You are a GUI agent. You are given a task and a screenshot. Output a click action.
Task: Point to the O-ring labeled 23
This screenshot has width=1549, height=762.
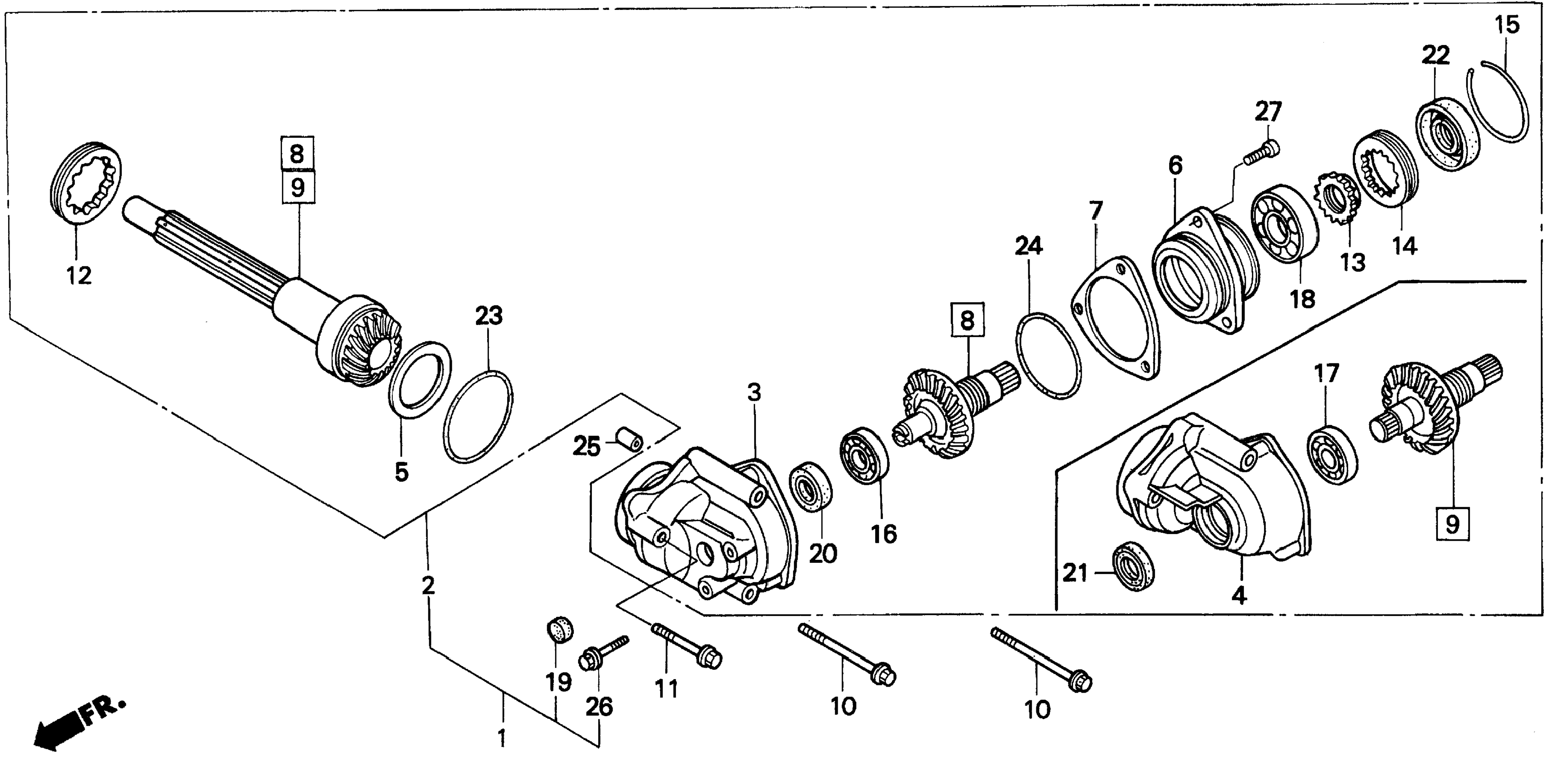coord(478,418)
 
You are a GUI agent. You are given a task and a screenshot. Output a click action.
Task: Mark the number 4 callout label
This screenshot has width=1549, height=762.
coord(1239,595)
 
